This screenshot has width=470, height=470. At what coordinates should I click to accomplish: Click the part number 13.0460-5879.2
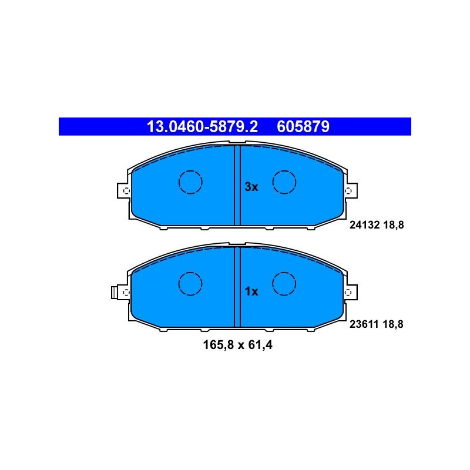(202, 126)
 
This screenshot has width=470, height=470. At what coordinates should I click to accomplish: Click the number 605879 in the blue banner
(303, 126)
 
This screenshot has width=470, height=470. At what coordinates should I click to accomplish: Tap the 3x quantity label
(251, 187)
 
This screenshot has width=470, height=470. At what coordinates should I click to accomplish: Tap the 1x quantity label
(251, 291)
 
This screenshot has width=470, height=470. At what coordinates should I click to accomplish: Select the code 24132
(364, 225)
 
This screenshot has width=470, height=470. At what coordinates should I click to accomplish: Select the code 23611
(364, 324)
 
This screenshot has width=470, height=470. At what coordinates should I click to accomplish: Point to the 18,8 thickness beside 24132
(393, 225)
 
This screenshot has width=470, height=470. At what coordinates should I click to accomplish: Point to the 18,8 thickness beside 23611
(393, 324)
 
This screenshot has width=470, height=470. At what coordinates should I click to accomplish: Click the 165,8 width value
(218, 345)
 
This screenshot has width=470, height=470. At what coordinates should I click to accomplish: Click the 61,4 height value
(260, 345)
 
